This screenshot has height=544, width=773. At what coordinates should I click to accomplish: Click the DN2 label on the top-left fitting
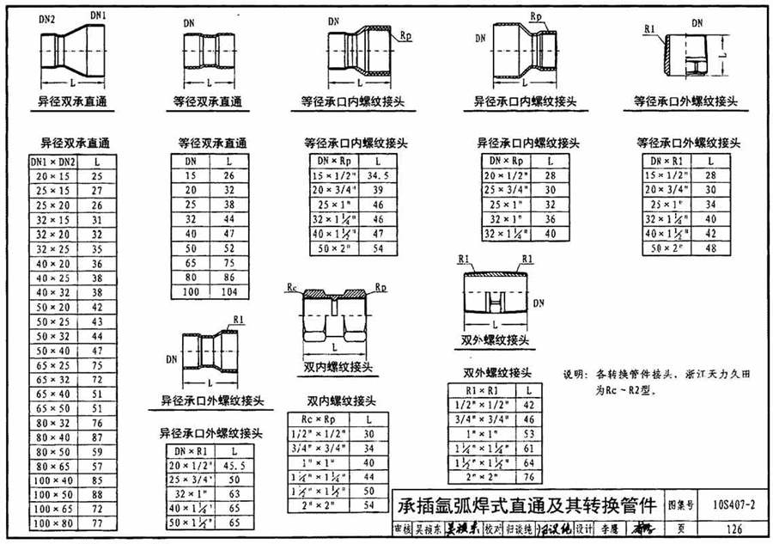47,19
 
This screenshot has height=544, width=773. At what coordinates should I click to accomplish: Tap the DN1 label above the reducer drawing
98,15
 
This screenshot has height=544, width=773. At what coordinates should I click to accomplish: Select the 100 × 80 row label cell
53,522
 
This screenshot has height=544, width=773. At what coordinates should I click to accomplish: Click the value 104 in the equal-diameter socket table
228,292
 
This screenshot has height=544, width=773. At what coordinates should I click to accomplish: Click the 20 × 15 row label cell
53,174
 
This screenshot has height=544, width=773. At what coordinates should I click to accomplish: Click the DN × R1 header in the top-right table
669,161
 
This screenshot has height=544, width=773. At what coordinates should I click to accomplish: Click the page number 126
733,530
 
